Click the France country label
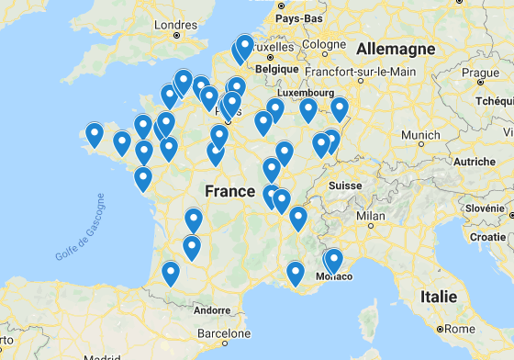[x=229, y=191]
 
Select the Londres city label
[x=176, y=25]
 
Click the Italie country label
[x=438, y=297]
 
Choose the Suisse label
[x=346, y=185]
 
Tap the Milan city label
[x=371, y=217]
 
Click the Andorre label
[x=212, y=309]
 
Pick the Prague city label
[x=480, y=73]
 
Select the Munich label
[x=420, y=135]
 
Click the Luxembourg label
[x=307, y=93]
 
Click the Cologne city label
[x=323, y=44]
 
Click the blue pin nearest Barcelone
[x=171, y=273]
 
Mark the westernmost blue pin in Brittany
[x=95, y=135]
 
